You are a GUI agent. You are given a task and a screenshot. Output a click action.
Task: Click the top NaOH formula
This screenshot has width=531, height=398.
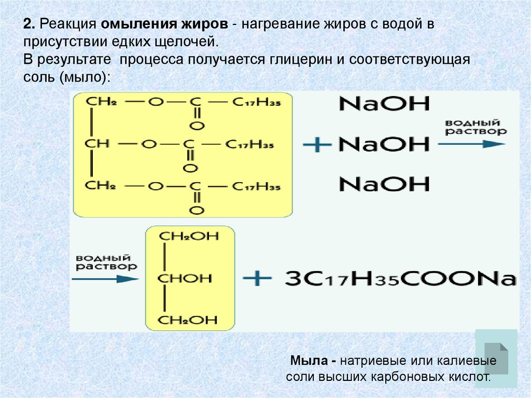click(x=384, y=103)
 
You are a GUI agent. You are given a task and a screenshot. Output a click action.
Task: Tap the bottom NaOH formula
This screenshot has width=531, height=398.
click(x=384, y=184)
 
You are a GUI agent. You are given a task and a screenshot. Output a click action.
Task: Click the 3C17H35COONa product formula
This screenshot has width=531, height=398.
click(x=400, y=279)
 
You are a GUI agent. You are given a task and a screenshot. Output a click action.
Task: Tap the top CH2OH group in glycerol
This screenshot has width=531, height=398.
click(x=189, y=236)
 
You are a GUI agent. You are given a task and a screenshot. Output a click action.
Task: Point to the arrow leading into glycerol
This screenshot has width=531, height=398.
click(x=105, y=279)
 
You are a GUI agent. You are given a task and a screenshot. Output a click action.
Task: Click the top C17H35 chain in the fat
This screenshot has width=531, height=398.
click(x=256, y=103)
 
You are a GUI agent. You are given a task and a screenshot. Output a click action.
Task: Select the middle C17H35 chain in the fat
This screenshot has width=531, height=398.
click(x=256, y=144)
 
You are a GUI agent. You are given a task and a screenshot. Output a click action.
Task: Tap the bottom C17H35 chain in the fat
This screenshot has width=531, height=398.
click(x=256, y=186)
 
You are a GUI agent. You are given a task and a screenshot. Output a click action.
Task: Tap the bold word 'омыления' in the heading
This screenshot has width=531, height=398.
click(x=132, y=25)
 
